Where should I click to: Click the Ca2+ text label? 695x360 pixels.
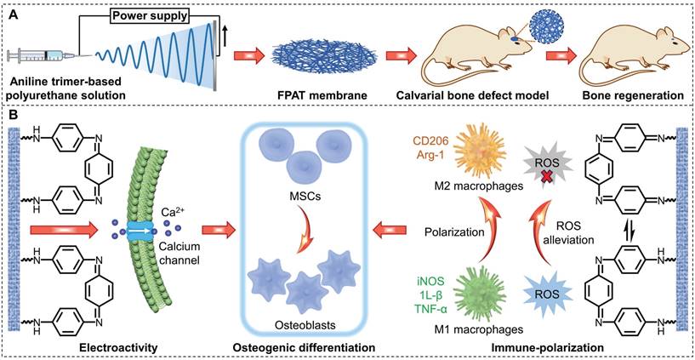(171, 210)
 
